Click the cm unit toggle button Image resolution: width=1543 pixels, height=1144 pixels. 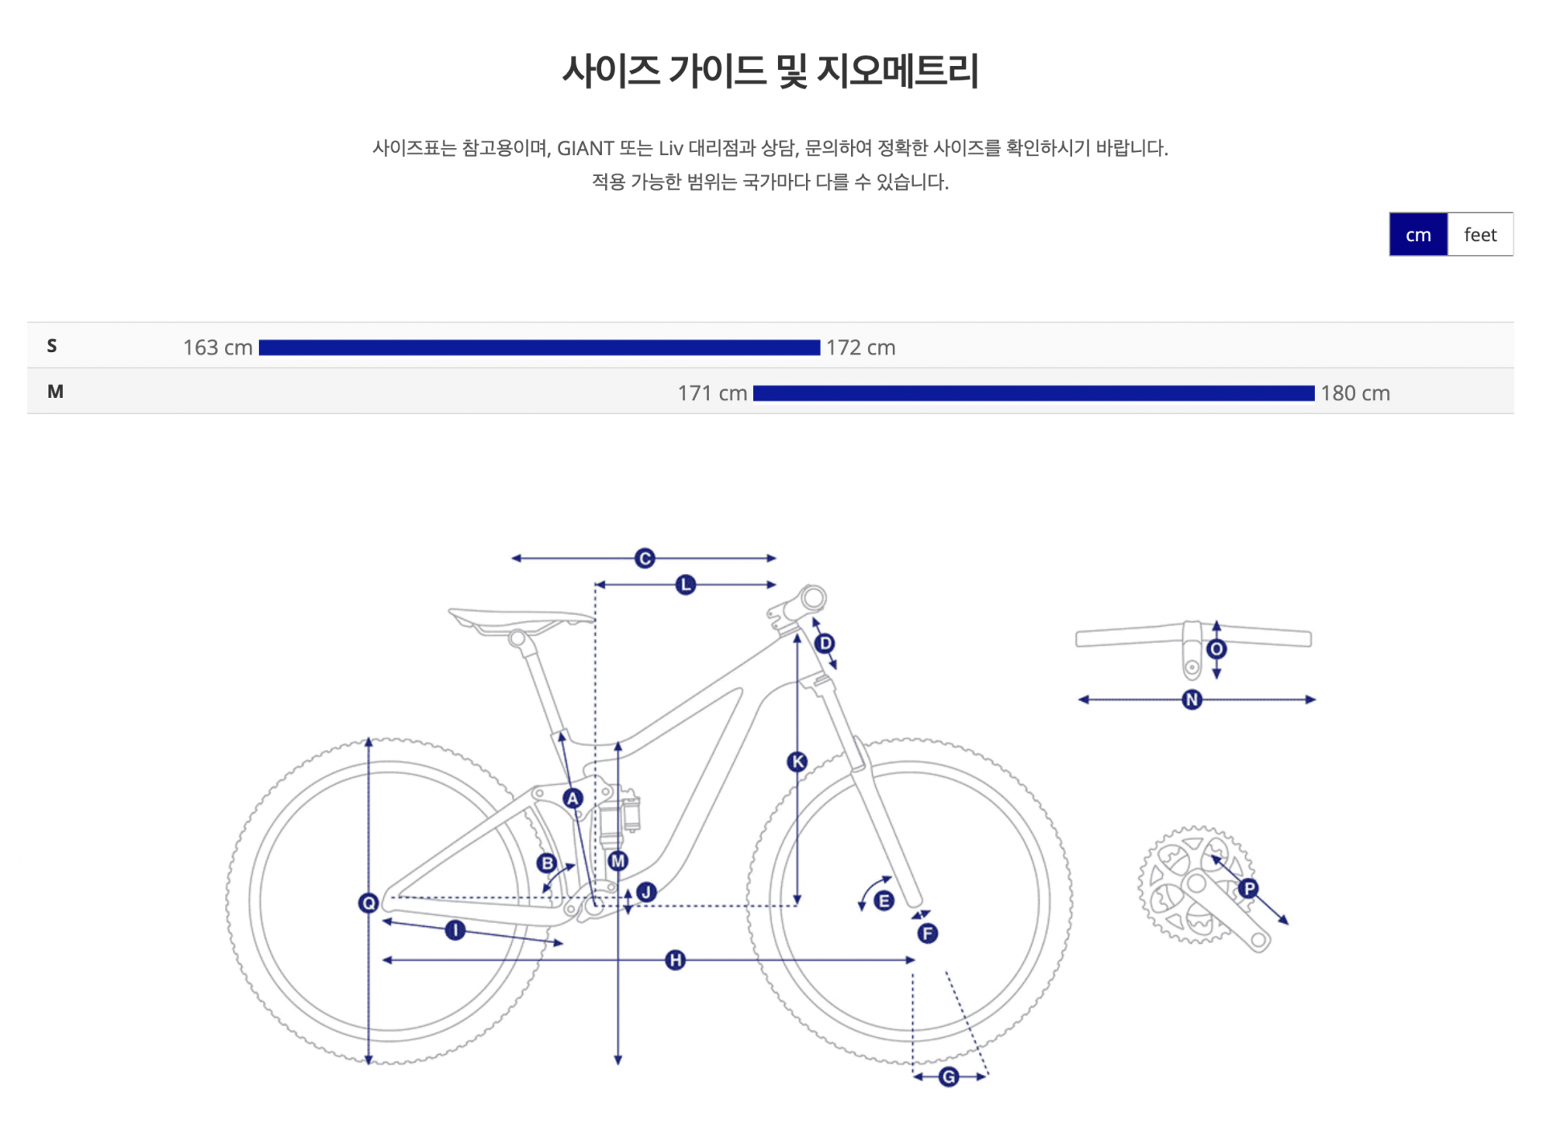[1418, 235]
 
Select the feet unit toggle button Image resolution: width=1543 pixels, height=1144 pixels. [1480, 235]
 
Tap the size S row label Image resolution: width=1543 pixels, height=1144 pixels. [52, 346]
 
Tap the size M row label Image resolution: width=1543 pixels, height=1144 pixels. [55, 392]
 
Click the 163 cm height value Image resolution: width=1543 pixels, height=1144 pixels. [217, 347]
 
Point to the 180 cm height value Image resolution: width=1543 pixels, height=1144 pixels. [1355, 393]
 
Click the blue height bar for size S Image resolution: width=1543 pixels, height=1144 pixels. [538, 347]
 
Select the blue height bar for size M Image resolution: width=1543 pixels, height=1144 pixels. [1033, 393]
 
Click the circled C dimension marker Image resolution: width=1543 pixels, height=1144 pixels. [645, 558]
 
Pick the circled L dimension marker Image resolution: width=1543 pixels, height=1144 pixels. [686, 584]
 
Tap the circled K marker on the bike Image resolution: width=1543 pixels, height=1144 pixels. [797, 761]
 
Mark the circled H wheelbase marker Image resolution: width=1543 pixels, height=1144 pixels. [676, 960]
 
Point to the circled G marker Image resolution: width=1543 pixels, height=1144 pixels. [949, 1076]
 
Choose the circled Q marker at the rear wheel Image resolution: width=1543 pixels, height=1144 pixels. [368, 903]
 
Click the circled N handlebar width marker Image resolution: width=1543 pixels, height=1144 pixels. [1193, 699]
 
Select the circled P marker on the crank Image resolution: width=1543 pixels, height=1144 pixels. [1248, 888]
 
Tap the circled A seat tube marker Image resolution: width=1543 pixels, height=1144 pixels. [572, 798]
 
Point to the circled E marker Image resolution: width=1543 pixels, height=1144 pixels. [884, 900]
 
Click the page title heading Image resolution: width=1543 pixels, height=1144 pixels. [771, 71]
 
